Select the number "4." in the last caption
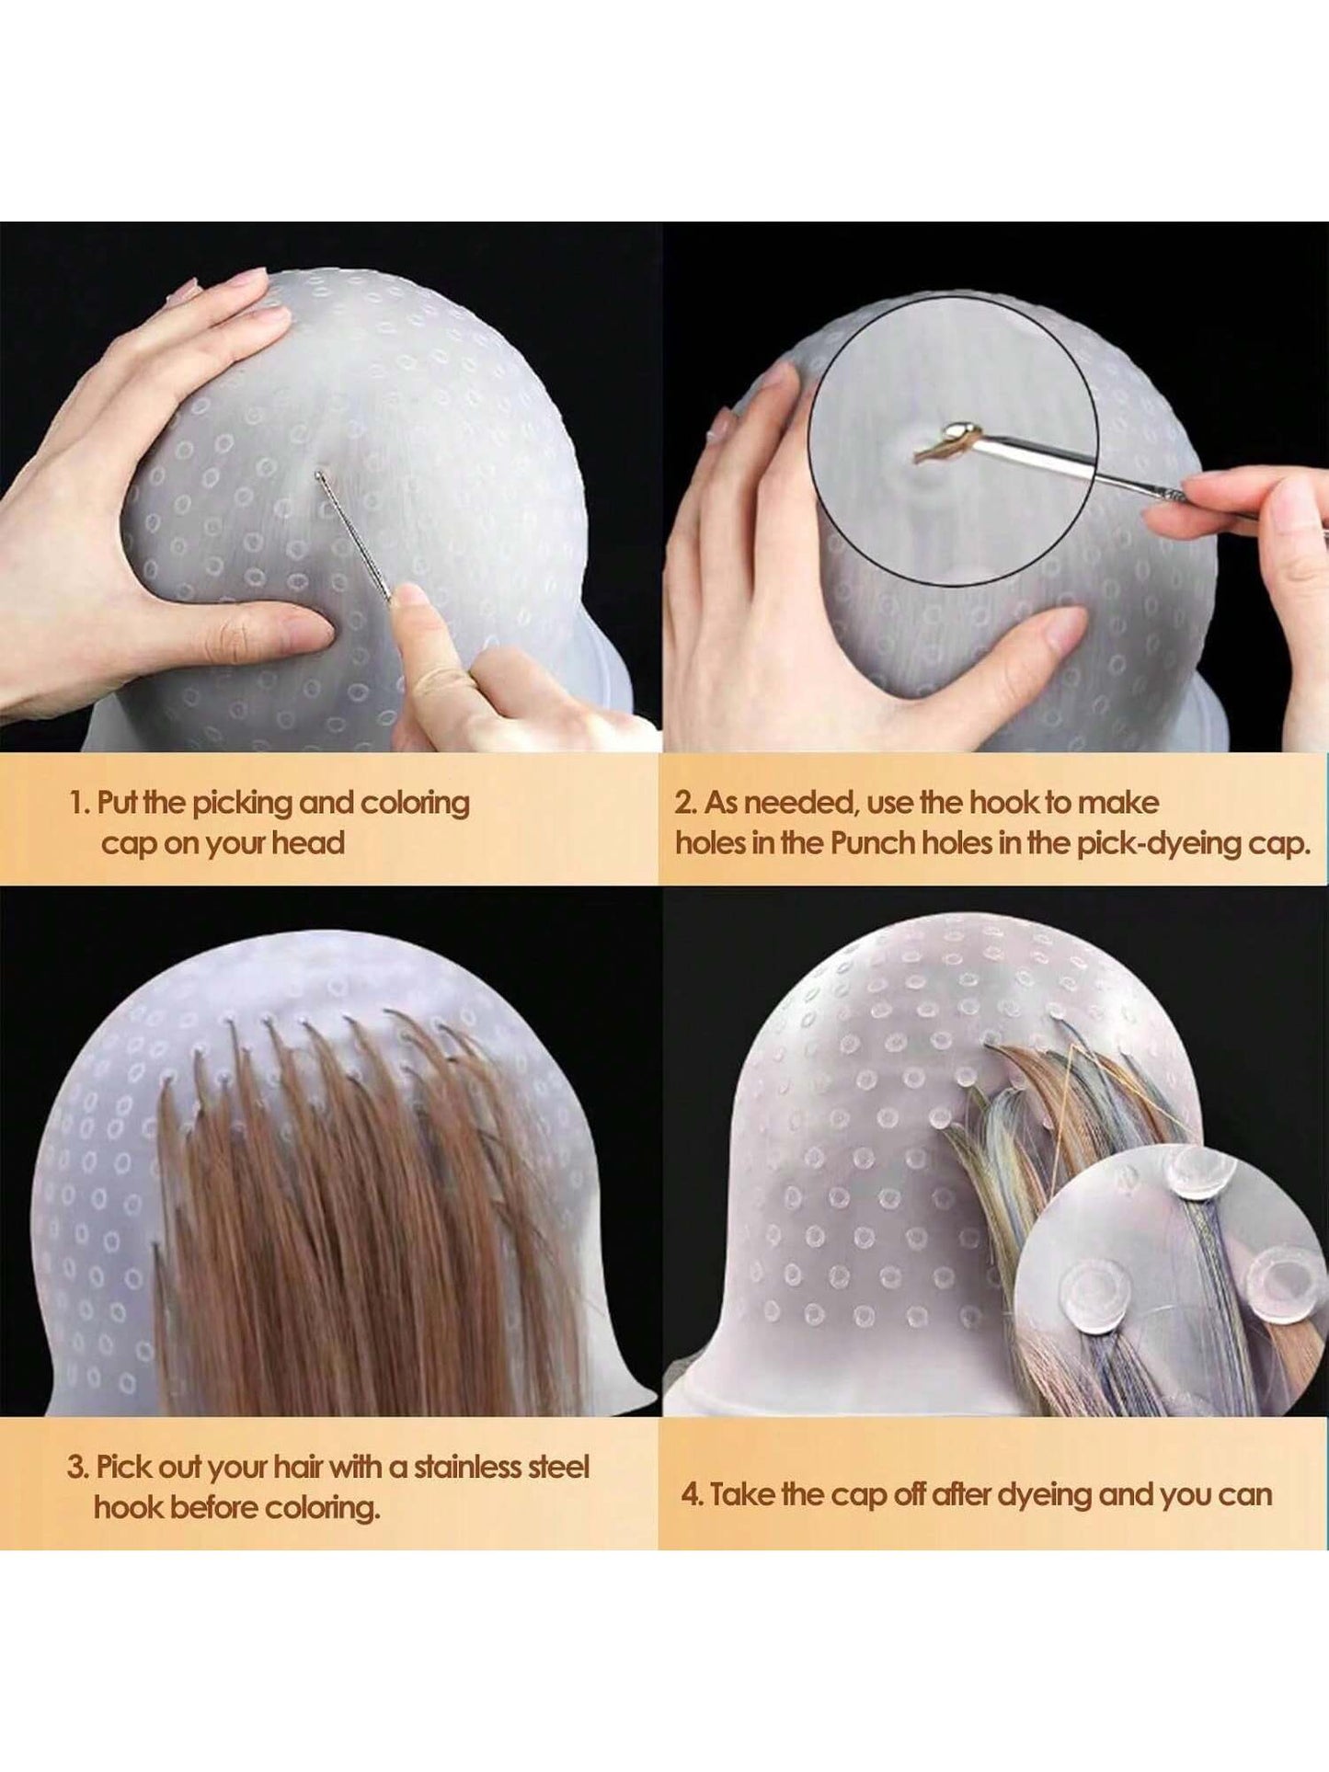pos(693,1494)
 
